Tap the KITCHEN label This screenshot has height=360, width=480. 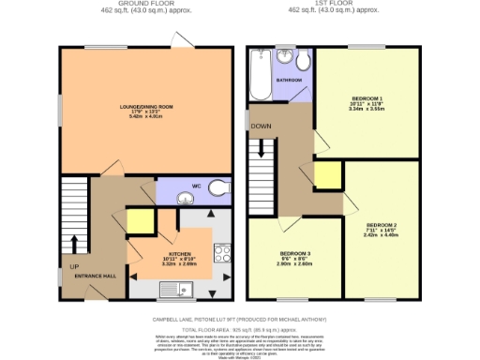click(179, 253)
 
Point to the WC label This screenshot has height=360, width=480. click(196, 186)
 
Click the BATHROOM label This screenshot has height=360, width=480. click(289, 81)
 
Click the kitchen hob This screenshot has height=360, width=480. click(223, 254)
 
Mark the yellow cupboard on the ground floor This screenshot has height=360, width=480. click(139, 222)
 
